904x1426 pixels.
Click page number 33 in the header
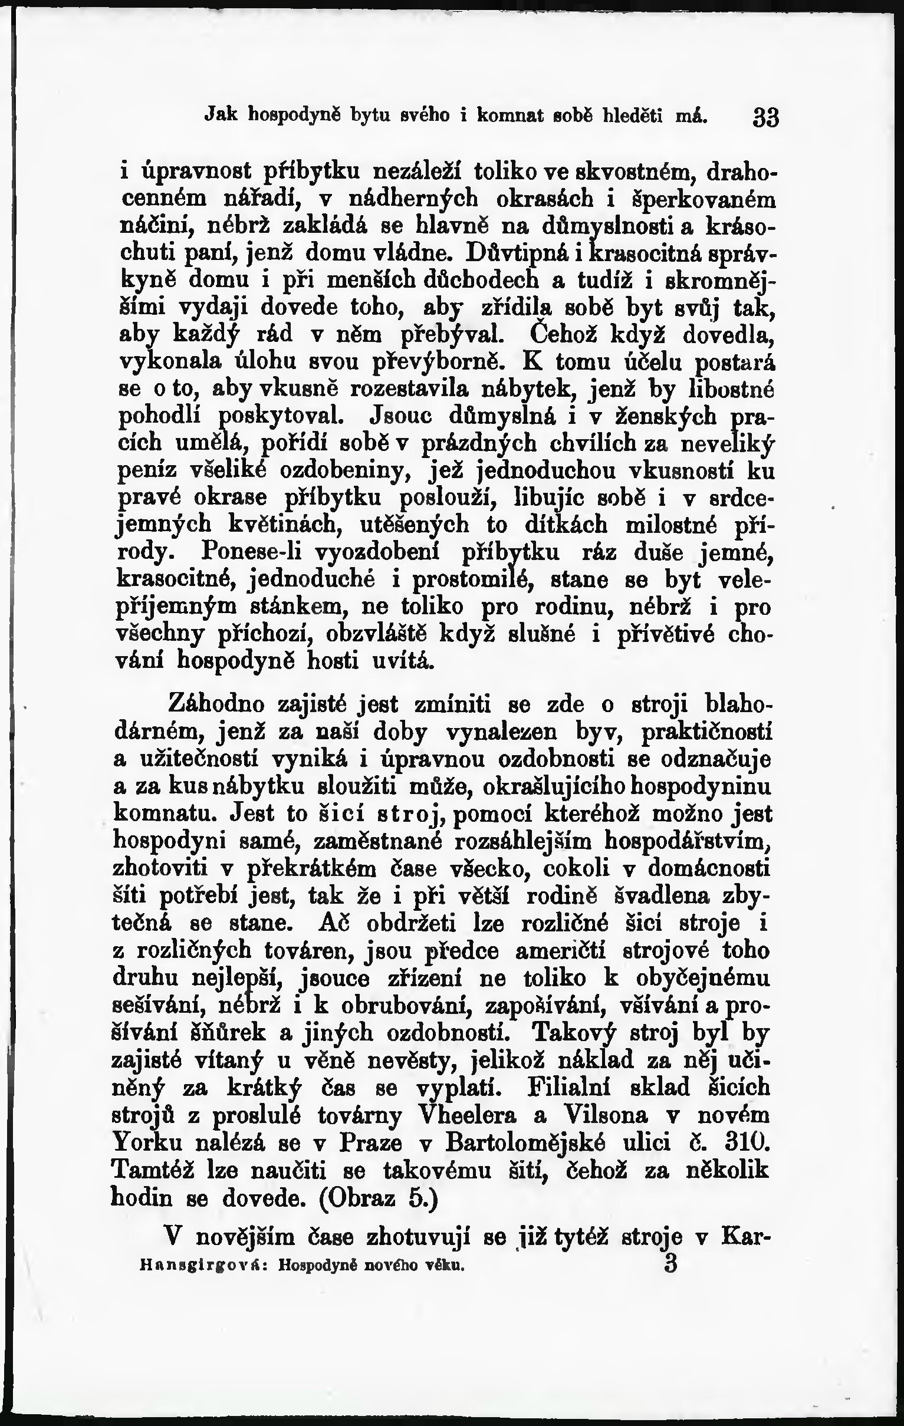[765, 117]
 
